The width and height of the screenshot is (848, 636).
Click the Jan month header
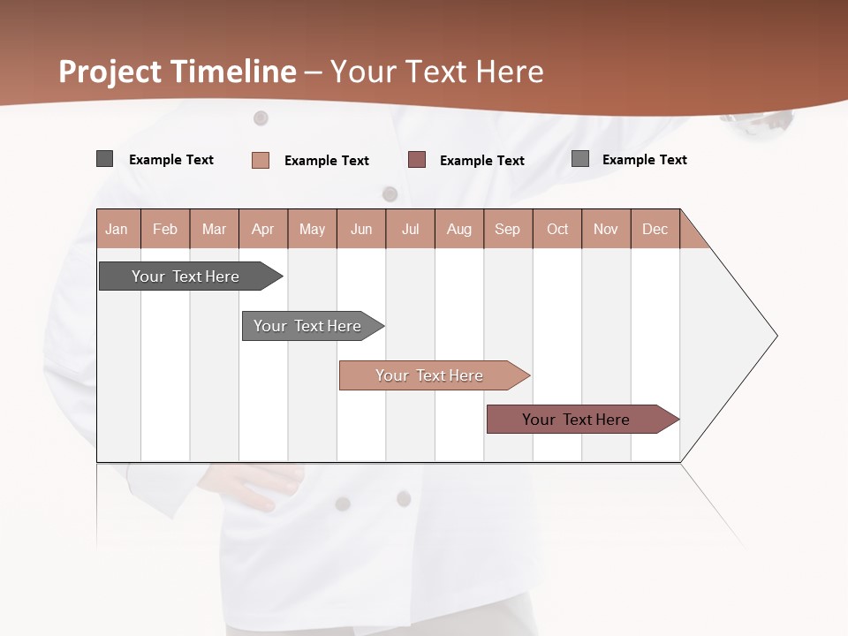pos(117,229)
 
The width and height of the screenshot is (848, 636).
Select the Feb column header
pos(165,229)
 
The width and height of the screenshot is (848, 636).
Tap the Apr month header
pos(262,229)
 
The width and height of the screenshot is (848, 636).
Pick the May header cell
pos(312,229)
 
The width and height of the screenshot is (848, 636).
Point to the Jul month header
pos(410,229)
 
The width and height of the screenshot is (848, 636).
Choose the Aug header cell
pos(459,229)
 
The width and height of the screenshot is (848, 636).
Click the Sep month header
pos(507,229)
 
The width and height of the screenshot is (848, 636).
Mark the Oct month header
pos(557,229)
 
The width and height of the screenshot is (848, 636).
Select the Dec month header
pos(655,229)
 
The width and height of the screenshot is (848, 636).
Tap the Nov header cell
pos(606,229)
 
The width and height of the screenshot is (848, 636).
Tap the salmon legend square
pos(261,160)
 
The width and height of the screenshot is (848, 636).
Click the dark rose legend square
pos(417,160)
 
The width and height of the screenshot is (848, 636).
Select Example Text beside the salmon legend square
pos(327,161)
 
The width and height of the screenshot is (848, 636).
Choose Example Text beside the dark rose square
pos(482,161)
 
